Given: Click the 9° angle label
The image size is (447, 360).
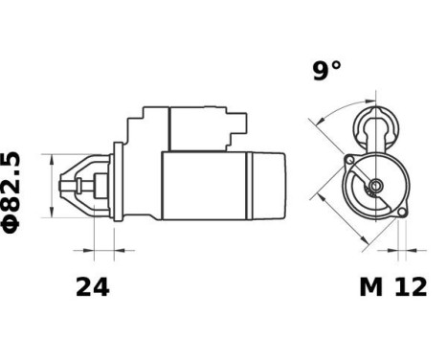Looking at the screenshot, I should [327, 71].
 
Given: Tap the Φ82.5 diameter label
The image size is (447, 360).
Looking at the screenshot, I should [12, 190].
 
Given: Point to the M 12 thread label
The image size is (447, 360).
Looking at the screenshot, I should [392, 287].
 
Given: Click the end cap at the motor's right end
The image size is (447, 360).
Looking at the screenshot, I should [267, 186].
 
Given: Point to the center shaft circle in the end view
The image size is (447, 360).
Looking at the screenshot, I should [375, 185].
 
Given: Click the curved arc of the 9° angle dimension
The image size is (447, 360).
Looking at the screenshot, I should [331, 108].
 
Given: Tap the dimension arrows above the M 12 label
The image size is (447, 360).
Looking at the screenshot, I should [400, 252].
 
